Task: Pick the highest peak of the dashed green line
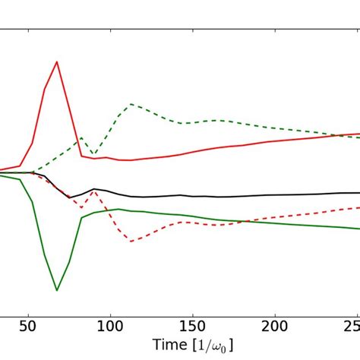tap(131, 104)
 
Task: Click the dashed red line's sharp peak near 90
tap(93, 190)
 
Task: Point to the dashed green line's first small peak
tap(81, 137)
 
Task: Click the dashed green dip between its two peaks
tap(93, 155)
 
